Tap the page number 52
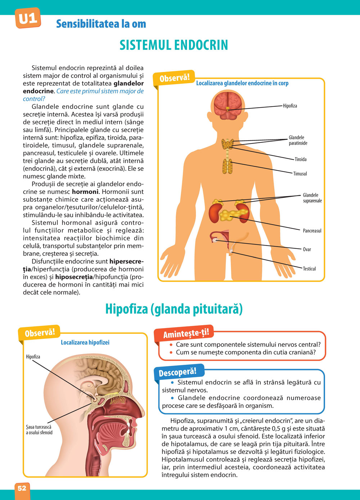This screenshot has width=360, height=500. tap(22, 488)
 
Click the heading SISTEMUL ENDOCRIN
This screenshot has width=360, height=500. tap(174, 45)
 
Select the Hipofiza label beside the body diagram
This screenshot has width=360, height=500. tap(290, 106)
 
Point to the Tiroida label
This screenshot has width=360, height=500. tap(301, 159)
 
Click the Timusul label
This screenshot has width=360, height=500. tap(300, 174)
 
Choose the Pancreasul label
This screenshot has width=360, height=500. tap(312, 231)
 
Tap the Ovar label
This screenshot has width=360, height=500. tap(307, 249)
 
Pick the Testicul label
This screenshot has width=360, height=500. tap(309, 269)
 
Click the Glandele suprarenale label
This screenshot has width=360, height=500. tap(312, 198)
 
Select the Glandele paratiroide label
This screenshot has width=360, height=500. tap(298, 140)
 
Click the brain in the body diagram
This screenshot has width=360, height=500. tap(226, 105)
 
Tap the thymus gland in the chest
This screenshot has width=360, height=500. tap(227, 166)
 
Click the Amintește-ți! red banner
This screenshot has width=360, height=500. tap(186, 333)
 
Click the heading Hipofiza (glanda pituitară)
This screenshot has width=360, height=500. tap(174, 309)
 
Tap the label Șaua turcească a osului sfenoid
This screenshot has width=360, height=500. tap(39, 430)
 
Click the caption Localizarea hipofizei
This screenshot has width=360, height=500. tap(85, 342)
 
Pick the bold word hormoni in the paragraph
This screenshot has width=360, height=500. tap(85, 192)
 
